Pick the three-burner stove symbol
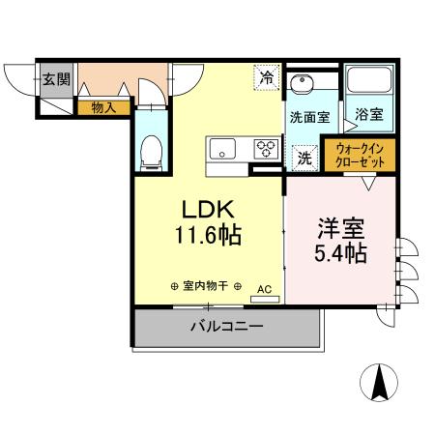coord(264,148)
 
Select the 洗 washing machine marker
coord(304,158)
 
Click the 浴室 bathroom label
coord(367,114)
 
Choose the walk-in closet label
coord(360,155)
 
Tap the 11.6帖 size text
coord(208,234)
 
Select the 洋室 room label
coord(343,228)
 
